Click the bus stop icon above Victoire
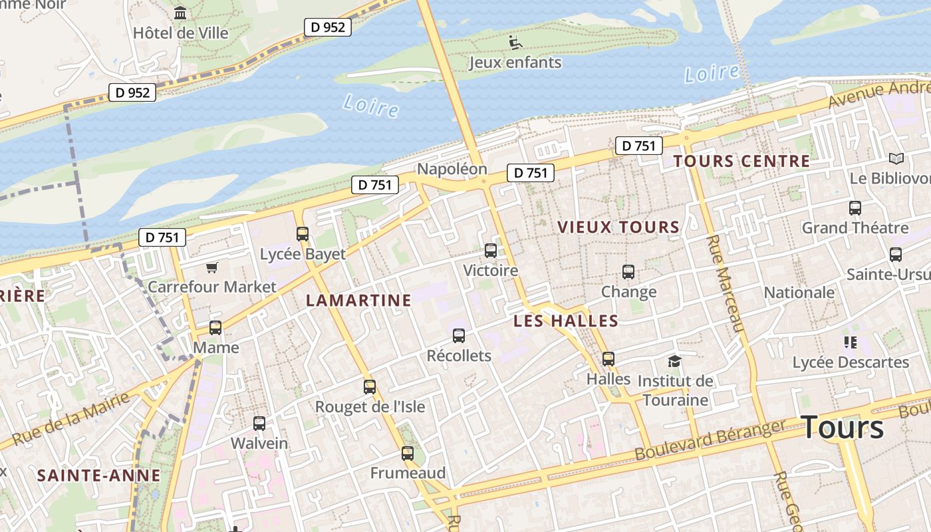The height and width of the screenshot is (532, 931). pyautogui.click(x=491, y=251)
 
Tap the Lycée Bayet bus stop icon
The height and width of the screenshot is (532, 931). pyautogui.click(x=303, y=233)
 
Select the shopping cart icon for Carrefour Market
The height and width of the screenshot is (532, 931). pyautogui.click(x=212, y=267)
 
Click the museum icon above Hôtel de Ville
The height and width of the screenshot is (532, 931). pyautogui.click(x=180, y=13)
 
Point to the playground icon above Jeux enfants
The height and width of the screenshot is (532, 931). pyautogui.click(x=515, y=43)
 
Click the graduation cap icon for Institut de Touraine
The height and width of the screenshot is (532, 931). pyautogui.click(x=675, y=361)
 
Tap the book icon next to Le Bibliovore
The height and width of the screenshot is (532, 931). pyautogui.click(x=896, y=158)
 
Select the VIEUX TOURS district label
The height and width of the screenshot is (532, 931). pyautogui.click(x=618, y=227)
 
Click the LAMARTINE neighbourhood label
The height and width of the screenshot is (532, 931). pyautogui.click(x=358, y=301)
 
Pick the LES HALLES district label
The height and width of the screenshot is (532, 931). pyautogui.click(x=566, y=321)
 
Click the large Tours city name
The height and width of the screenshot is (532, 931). pyautogui.click(x=843, y=427)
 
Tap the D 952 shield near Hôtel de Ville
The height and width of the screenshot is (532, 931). pyautogui.click(x=328, y=27)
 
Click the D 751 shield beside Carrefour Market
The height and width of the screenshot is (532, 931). pyautogui.click(x=162, y=237)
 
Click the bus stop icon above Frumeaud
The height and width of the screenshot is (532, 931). pyautogui.click(x=408, y=454)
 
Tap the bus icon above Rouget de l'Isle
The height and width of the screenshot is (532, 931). pyautogui.click(x=370, y=386)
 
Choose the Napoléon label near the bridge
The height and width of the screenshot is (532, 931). pyautogui.click(x=452, y=169)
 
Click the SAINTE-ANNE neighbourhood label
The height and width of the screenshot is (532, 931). pyautogui.click(x=98, y=475)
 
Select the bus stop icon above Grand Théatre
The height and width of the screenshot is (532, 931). pyautogui.click(x=855, y=208)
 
